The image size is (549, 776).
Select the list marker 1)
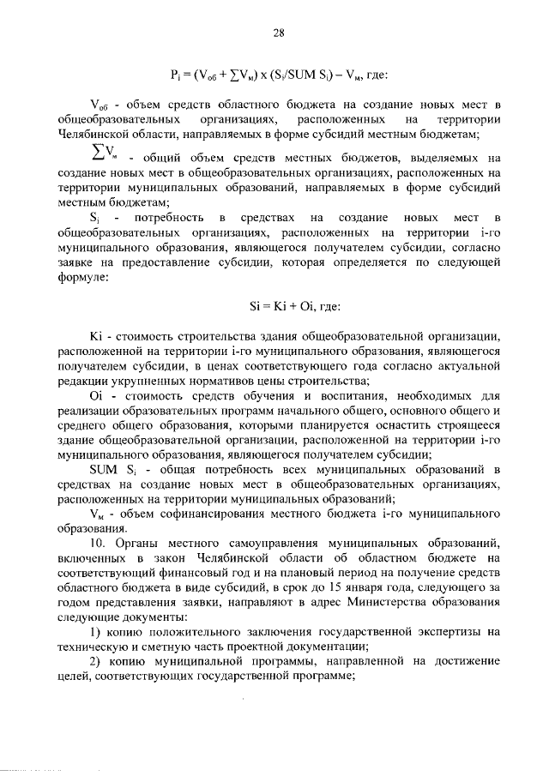[x=95, y=632]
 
